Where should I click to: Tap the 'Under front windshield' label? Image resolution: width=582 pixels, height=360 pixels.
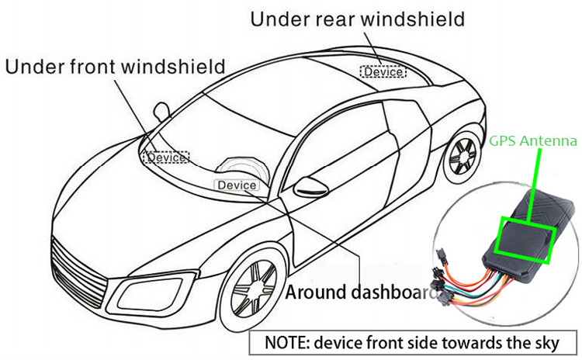(116, 66)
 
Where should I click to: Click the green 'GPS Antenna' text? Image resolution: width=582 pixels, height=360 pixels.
(532, 142)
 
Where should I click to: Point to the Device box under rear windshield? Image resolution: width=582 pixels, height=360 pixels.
(382, 72)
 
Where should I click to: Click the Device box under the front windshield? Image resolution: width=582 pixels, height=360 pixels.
(165, 157)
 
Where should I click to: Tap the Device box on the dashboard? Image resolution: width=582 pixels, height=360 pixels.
(237, 185)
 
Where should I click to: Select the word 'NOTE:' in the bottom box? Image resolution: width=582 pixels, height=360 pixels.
(289, 342)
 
